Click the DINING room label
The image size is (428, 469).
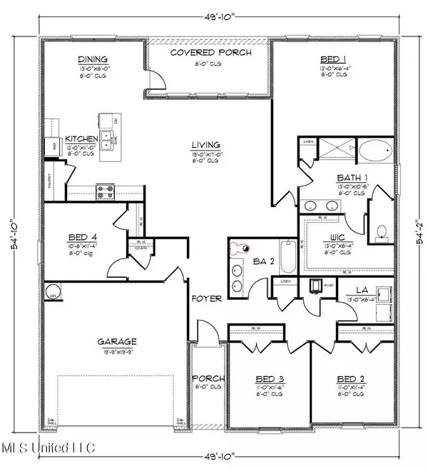tap(92, 61)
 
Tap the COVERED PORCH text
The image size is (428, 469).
tap(208, 54)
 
